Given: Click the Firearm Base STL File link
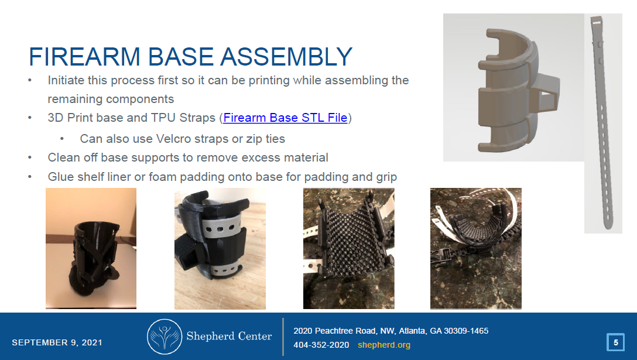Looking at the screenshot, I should tap(285, 118).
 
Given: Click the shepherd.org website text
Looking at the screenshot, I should tap(383, 345).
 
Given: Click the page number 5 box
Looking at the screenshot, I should tap(615, 342).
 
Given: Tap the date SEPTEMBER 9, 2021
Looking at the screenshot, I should tap(57, 342).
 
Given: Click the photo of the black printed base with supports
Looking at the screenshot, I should tap(91, 248).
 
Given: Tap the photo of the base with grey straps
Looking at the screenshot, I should tap(220, 248).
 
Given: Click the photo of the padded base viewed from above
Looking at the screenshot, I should tap(348, 248).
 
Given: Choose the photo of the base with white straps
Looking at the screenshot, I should tap(475, 248).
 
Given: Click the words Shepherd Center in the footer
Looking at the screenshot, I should tap(229, 336).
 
